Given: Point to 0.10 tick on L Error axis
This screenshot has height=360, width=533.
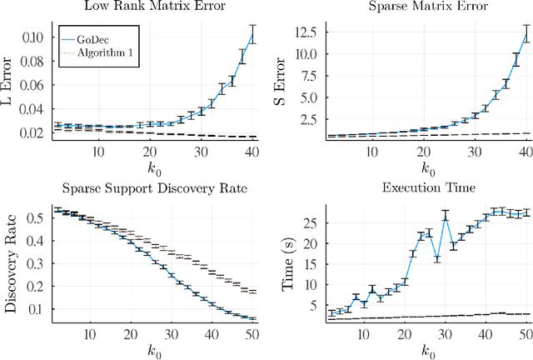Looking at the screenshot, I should (x=38, y=37).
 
